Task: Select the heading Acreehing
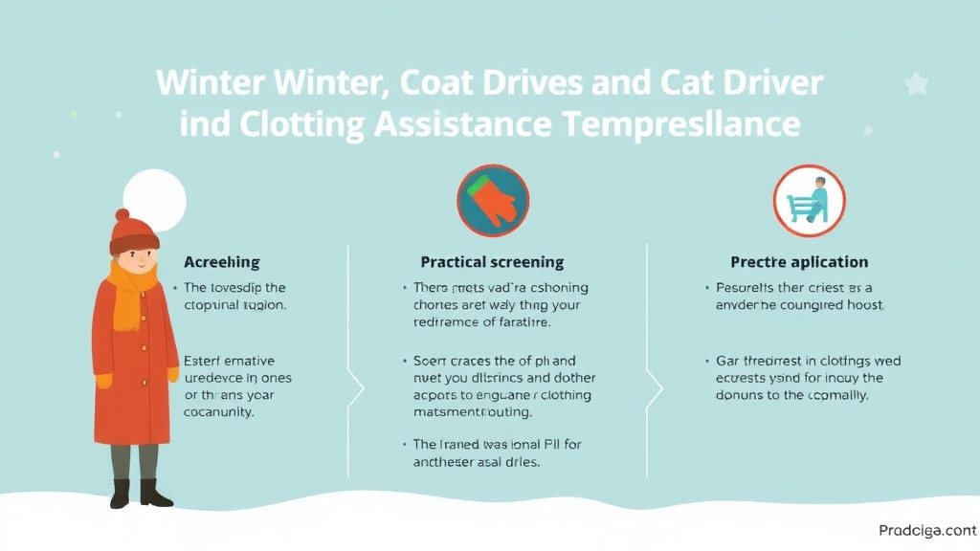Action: point(221,262)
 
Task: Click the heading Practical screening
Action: point(492,262)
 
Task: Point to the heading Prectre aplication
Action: point(799,262)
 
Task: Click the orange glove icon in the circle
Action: point(493,201)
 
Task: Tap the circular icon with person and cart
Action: point(809,201)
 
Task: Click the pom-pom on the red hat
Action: point(122,215)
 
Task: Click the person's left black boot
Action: point(120,494)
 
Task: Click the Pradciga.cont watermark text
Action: point(926,530)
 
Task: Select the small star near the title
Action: point(917,84)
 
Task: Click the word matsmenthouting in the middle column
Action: point(473,412)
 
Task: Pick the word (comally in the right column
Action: point(835,395)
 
